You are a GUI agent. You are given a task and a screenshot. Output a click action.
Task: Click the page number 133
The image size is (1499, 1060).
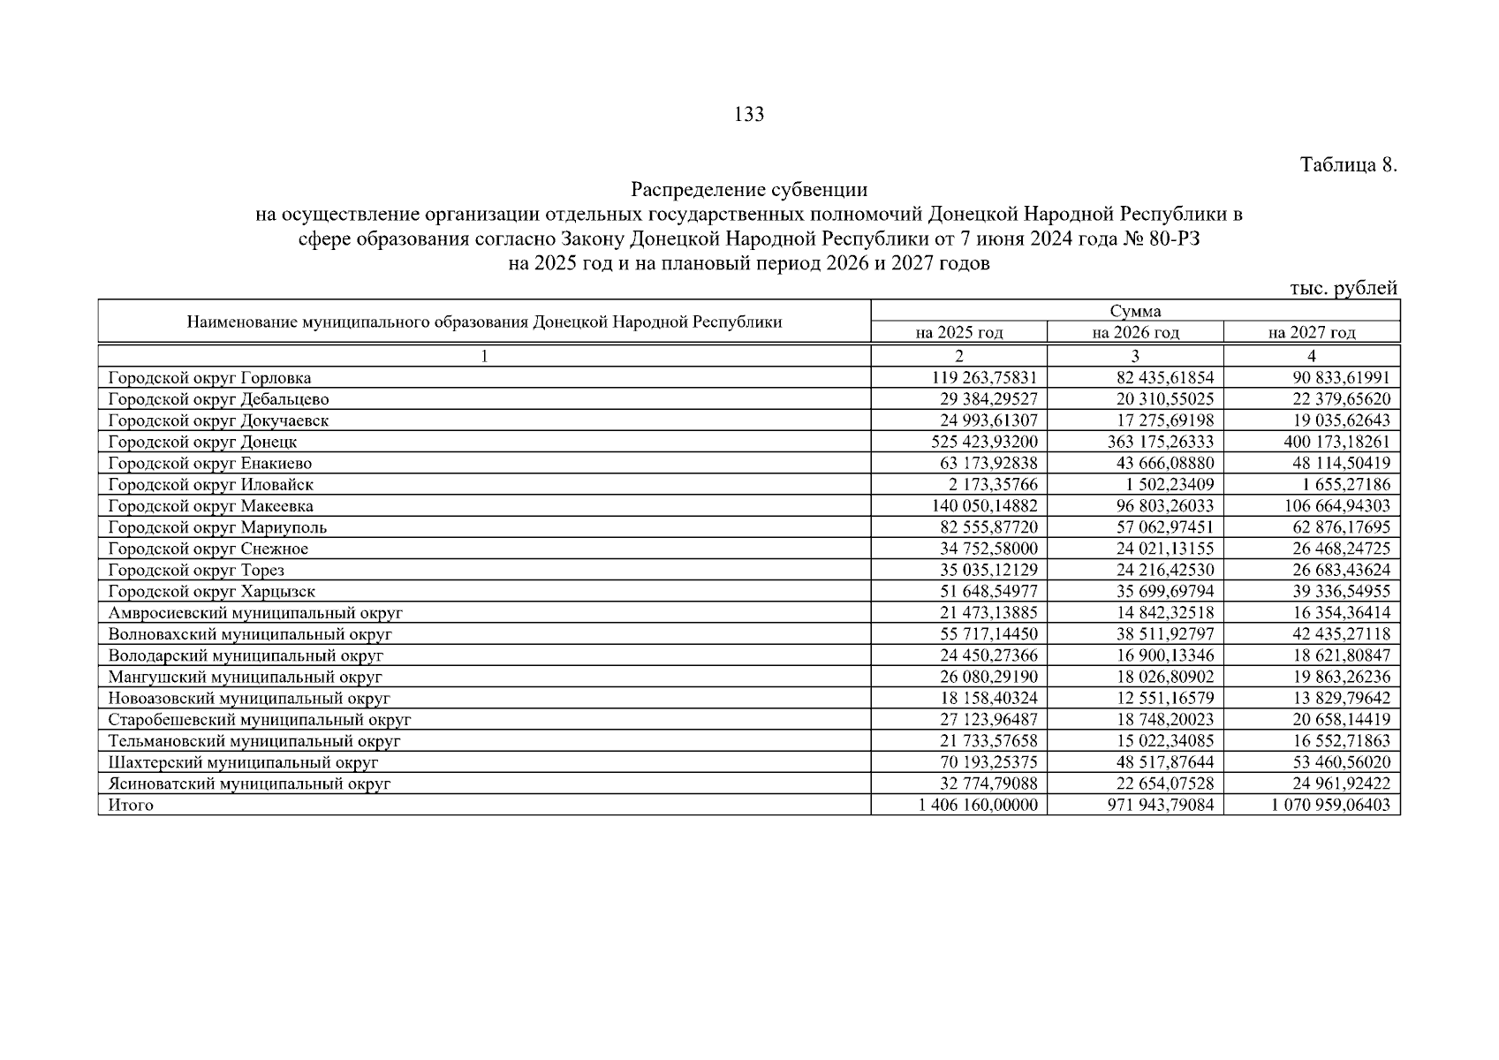(x=748, y=114)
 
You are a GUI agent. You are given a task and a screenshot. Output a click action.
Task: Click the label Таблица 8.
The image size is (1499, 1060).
(x=1349, y=165)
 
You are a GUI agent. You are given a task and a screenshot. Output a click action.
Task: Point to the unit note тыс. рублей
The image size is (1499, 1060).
(x=1344, y=288)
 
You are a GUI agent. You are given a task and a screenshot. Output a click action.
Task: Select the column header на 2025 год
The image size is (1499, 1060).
(x=959, y=333)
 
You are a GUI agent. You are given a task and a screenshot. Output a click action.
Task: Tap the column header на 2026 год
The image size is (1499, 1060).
(x=1135, y=333)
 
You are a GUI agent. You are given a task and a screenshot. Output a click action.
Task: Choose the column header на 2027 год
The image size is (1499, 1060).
(x=1312, y=333)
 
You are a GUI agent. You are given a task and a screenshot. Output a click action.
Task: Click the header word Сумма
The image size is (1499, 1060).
(x=1135, y=311)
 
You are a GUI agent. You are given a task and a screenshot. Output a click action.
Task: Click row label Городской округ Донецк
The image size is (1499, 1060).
(x=202, y=442)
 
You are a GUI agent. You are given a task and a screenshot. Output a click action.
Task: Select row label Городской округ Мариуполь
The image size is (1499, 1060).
(x=217, y=527)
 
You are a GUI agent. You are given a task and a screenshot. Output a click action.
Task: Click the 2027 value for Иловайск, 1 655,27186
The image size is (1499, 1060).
(x=1342, y=485)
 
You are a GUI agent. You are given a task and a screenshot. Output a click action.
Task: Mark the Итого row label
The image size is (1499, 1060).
(x=131, y=805)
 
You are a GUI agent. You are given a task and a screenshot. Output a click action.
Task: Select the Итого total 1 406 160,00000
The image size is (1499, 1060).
(x=978, y=805)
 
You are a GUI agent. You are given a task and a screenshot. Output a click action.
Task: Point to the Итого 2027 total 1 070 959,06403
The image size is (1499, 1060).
(x=1331, y=805)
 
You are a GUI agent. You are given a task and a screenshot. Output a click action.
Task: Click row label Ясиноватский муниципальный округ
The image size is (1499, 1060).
(x=249, y=784)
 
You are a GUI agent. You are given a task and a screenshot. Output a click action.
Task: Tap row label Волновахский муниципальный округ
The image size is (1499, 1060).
(x=250, y=634)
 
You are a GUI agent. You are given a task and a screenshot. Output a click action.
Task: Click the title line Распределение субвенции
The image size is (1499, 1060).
(x=748, y=190)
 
